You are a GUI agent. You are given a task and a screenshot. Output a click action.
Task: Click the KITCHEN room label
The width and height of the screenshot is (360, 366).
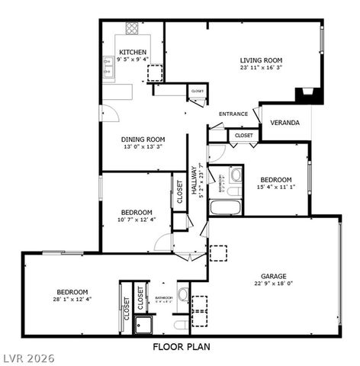pos(133,52)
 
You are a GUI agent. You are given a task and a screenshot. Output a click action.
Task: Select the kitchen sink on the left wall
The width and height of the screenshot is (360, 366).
pos(102,73)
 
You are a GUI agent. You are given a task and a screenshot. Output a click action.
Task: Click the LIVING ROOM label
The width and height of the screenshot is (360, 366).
pos(261,59)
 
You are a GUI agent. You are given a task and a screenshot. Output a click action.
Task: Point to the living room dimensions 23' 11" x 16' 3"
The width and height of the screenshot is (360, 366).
pos(261,68)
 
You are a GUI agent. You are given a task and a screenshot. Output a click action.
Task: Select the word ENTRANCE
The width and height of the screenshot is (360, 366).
pos(233,114)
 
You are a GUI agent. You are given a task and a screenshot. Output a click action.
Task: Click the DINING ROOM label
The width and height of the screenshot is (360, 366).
pos(144,139)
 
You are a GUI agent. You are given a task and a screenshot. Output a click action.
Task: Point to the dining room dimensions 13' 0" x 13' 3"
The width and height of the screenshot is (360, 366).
pos(144,147)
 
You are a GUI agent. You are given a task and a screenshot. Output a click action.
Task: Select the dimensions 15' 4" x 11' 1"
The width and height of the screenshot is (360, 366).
pos(275,187)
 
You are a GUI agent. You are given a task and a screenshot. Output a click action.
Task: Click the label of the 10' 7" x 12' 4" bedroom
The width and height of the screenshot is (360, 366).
pos(137,212)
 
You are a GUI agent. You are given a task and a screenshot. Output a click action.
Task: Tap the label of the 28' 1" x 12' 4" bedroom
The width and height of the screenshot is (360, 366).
pos(72,291)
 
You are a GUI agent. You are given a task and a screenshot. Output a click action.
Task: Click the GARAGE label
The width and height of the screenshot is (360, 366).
pos(273,275)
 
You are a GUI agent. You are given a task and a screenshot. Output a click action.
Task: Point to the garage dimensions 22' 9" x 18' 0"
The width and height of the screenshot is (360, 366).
pos(273,284)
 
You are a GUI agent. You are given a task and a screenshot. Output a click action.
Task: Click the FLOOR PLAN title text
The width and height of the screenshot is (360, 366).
pos(182,347)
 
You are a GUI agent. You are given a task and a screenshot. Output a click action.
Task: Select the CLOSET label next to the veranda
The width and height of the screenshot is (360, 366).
pos(244,136)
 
